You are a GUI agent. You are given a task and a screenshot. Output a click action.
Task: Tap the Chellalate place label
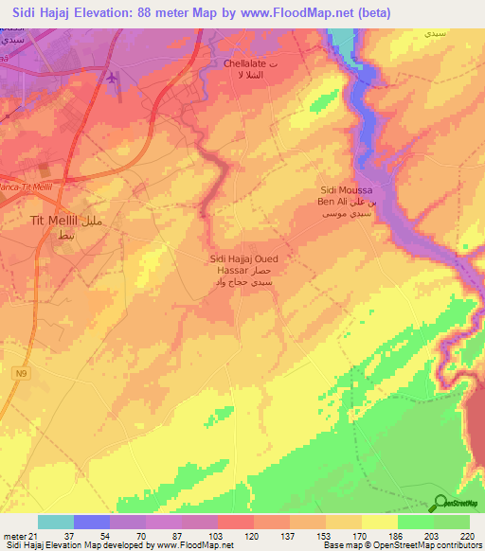click(244, 63)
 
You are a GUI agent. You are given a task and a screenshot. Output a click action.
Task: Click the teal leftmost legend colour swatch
click(56, 522)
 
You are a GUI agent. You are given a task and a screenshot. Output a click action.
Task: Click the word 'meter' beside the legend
click(13, 535)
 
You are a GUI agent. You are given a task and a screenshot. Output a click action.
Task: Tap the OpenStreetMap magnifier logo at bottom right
click(440, 502)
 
